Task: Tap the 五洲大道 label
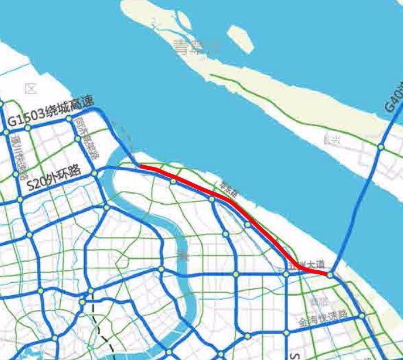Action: [307, 265]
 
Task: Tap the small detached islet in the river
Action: [239, 39]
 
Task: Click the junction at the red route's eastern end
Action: [329, 274]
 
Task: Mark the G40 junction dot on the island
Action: [381, 147]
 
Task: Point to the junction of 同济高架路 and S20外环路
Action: [95, 173]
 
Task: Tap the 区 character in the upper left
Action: [31, 89]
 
